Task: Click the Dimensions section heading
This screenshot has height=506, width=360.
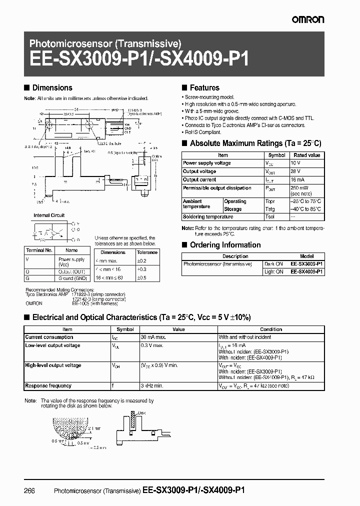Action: coord(52,87)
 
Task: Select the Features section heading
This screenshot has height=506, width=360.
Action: coord(204,87)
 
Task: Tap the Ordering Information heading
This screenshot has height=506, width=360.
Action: coord(224,245)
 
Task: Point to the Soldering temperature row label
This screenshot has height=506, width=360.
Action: coord(208,217)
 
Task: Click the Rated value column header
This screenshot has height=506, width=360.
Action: coord(306,155)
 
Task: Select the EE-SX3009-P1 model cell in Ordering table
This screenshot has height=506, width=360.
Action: coord(307,263)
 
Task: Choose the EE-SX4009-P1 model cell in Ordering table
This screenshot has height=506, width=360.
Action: coord(307,271)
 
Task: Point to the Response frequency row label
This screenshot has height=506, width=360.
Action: coord(48,386)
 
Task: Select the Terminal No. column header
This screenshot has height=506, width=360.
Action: coord(38,250)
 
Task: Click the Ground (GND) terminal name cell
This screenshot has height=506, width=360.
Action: coord(73,278)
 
